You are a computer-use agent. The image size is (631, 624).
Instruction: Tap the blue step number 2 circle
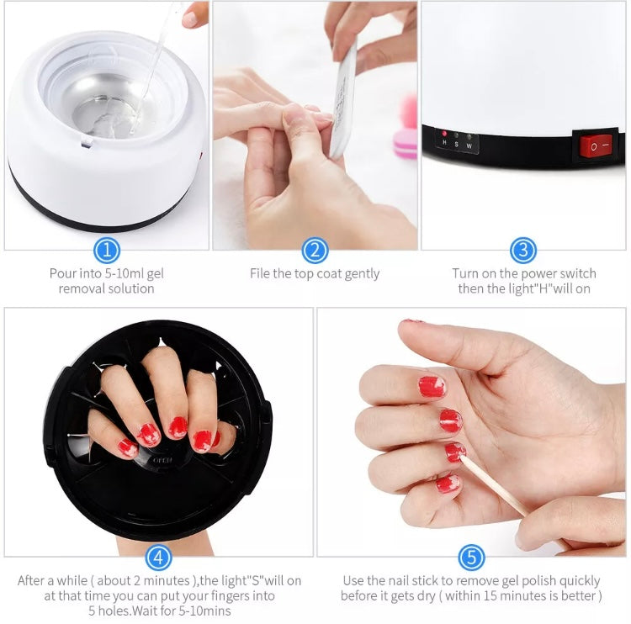click(315, 250)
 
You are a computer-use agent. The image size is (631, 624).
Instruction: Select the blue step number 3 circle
click(523, 250)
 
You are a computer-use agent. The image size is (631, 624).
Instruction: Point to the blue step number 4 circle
click(159, 557)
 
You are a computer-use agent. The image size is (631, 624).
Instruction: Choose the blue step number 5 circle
click(471, 557)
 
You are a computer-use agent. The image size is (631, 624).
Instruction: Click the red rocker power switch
click(597, 146)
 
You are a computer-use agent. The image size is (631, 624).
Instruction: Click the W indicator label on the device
click(469, 145)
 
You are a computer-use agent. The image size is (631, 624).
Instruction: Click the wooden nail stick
click(492, 484)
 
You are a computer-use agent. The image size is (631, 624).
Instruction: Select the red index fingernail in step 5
click(432, 386)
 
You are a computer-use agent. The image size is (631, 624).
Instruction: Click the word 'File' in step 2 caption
click(262, 273)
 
